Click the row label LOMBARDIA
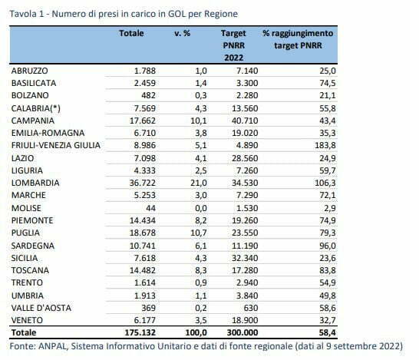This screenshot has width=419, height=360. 35,183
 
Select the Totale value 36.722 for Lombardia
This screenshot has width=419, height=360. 143,183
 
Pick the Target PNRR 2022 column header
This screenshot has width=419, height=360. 233,45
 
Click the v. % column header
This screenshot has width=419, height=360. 182,34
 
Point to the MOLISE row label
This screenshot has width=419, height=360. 26,208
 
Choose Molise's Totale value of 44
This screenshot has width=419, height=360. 150,208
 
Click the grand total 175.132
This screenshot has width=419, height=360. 140,332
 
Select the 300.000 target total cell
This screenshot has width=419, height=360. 242,332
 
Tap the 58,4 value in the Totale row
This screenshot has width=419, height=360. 328,332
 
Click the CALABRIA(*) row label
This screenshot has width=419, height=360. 36,108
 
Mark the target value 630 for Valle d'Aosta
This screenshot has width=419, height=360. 251,308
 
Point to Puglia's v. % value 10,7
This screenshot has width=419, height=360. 199,233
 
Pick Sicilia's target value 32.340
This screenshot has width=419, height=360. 245,258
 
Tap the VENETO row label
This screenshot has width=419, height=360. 27,320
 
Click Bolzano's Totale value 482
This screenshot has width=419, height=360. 148,95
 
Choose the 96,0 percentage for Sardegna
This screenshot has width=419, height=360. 328,246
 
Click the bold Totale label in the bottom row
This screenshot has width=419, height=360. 24,332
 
